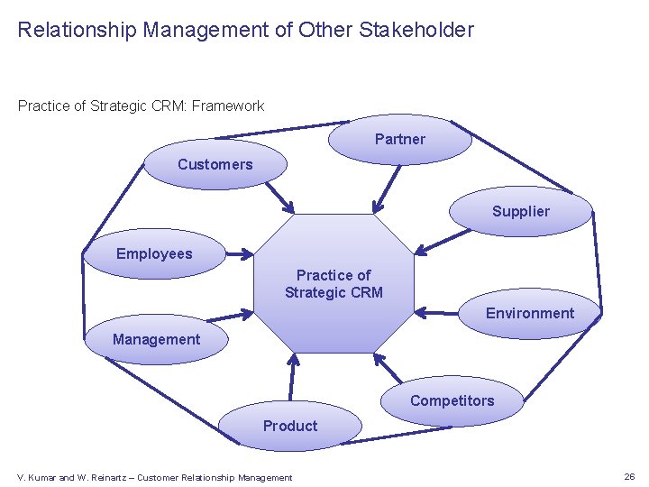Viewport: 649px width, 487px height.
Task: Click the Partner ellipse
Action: (x=399, y=140)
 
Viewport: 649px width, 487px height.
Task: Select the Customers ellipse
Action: (x=215, y=165)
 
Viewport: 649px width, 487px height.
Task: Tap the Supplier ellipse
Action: (x=521, y=212)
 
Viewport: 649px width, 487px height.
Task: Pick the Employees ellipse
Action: (x=154, y=254)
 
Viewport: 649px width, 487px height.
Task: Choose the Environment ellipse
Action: (x=530, y=314)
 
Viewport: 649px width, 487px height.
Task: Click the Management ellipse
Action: (x=156, y=340)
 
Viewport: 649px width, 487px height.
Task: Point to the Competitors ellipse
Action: (x=452, y=401)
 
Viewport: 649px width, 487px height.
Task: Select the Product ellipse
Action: (x=290, y=426)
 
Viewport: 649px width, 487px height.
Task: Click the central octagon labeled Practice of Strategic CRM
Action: (x=334, y=284)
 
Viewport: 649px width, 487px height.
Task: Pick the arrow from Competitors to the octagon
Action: (x=388, y=369)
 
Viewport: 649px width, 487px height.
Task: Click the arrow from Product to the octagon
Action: (x=291, y=377)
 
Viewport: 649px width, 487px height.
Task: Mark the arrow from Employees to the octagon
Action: (x=231, y=253)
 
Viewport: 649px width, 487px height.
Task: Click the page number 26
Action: (x=628, y=476)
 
